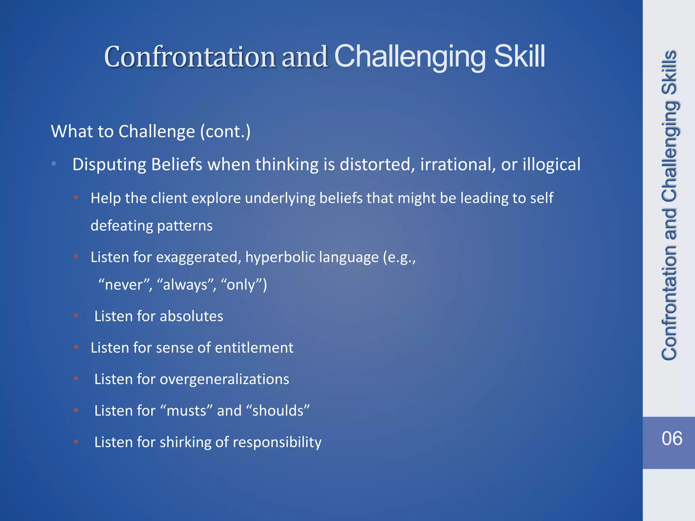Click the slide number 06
tap(672, 438)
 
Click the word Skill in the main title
tap(519, 56)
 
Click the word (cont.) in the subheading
tap(225, 132)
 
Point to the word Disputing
tap(109, 165)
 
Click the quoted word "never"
tap(125, 285)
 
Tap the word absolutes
tap(191, 316)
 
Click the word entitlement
tap(254, 348)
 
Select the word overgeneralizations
tap(224, 379)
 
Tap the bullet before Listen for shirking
tap(76, 442)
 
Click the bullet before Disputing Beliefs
tap(54, 164)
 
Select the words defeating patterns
tap(151, 226)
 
